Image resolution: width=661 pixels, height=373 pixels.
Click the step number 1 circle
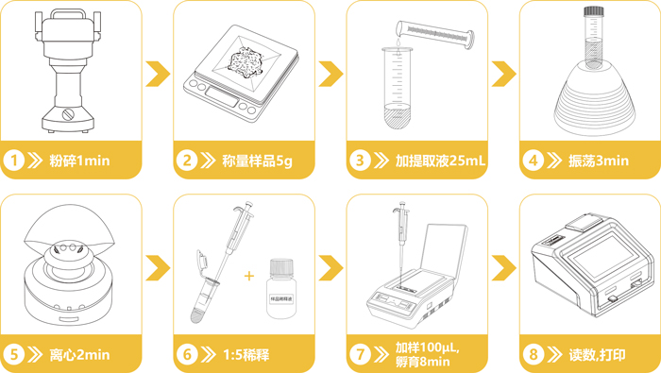[x=13, y=161]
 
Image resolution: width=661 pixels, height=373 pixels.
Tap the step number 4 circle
[x=533, y=161]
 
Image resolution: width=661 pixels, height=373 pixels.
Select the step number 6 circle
[x=186, y=355]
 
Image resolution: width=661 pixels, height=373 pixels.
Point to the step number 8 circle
[x=533, y=355]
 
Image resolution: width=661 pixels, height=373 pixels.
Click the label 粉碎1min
[x=80, y=161]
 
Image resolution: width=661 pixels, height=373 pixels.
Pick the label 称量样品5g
[x=258, y=161]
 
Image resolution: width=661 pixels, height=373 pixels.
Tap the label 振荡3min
[x=599, y=161]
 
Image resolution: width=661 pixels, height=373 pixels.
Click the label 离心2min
[x=80, y=355]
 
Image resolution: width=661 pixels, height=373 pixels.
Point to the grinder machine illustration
[x=68, y=71]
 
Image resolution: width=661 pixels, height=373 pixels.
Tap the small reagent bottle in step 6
[x=278, y=285]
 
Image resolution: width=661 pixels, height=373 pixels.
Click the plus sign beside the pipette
[x=248, y=276]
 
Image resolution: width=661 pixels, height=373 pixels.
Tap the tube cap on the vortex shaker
[x=593, y=12]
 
